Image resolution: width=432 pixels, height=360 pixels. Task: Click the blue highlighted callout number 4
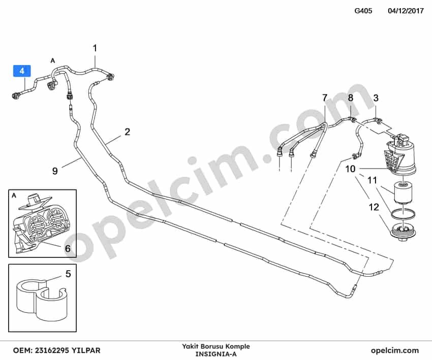click(x=22, y=71)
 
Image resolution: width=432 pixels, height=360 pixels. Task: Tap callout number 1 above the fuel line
click(x=95, y=48)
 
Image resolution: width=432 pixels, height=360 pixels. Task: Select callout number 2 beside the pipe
click(x=127, y=132)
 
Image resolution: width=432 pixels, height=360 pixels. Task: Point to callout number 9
click(x=55, y=171)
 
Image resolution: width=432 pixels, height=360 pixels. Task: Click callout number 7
click(x=325, y=97)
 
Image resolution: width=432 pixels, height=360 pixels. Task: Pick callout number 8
click(x=351, y=97)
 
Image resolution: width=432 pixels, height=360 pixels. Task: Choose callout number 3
click(x=376, y=97)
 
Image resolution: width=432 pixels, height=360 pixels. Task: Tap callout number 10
click(x=351, y=169)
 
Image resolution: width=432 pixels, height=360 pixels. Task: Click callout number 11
click(x=372, y=181)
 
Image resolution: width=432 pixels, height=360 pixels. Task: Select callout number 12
click(x=374, y=207)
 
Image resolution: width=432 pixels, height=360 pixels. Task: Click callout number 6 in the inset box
click(x=68, y=248)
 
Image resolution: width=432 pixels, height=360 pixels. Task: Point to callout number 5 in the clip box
click(x=68, y=274)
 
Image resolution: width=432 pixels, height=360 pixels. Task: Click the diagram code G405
click(x=363, y=11)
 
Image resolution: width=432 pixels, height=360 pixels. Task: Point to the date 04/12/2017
click(x=406, y=11)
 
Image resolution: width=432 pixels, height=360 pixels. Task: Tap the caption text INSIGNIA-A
click(x=215, y=354)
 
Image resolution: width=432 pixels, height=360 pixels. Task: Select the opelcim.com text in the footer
click(x=395, y=351)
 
